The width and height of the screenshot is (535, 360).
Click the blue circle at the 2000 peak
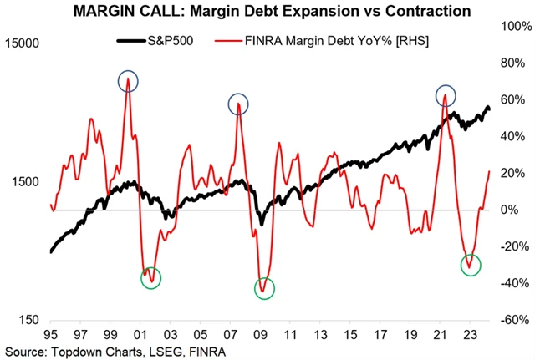click(128, 81)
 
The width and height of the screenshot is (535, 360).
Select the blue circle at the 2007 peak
click(240, 104)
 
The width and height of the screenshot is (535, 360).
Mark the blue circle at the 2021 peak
click(446, 94)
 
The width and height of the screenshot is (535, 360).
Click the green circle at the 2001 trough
click(150, 278)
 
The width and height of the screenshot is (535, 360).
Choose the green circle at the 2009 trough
click(265, 288)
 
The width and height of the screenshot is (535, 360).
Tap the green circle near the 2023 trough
click(471, 265)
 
